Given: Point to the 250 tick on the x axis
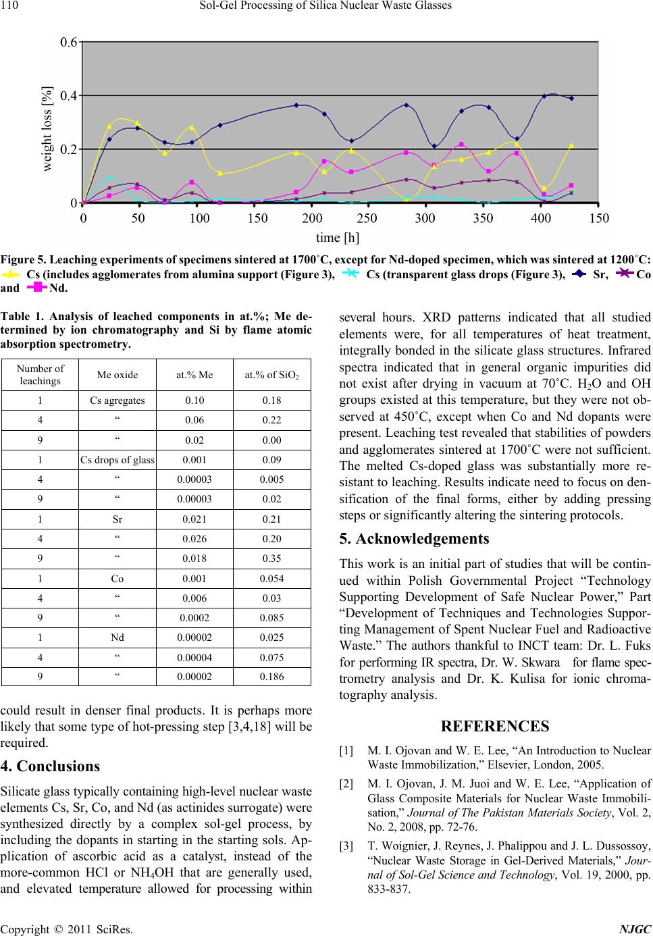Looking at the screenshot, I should click(368, 218).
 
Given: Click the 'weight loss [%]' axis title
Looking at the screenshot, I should click(47, 130).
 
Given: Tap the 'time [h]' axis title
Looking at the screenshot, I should click(338, 237).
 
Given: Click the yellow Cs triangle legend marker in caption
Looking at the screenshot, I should click(13, 274).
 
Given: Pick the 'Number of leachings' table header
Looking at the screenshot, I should click(41, 375).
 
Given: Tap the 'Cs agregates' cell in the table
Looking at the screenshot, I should click(117, 400).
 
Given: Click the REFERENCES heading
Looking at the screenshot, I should click(494, 727).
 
